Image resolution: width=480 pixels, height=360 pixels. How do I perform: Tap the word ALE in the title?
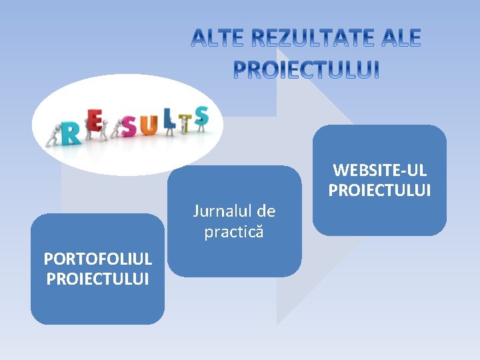tap(399, 39)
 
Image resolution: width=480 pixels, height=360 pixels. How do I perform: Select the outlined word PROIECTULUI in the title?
tap(306, 69)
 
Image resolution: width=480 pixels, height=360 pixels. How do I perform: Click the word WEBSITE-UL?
tap(379, 171)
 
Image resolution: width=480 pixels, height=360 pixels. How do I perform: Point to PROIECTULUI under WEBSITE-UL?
tap(379, 191)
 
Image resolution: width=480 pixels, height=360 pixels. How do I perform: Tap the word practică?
tap(234, 232)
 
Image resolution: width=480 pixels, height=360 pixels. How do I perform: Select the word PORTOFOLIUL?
tap(97, 258)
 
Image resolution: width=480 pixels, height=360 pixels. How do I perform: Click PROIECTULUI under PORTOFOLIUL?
tap(97, 277)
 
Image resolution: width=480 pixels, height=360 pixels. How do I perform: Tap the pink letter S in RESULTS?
tap(129, 125)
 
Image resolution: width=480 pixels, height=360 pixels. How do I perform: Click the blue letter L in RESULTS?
tap(169, 121)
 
